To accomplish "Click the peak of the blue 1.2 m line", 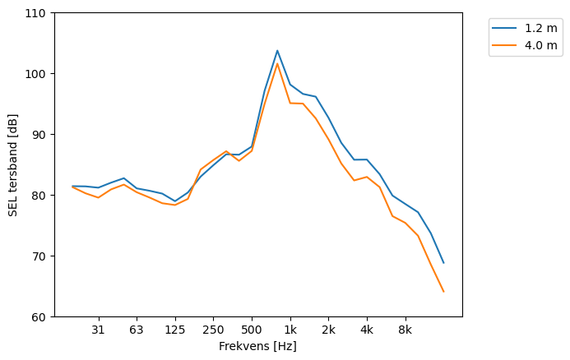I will tap(277, 50).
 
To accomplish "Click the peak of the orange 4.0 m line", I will tap(277, 64).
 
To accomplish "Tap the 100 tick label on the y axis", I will tap(38, 74).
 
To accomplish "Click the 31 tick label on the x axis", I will tap(98, 330).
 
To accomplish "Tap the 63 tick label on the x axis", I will tap(137, 330).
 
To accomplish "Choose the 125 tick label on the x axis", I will tap(175, 330).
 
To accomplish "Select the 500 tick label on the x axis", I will tap(252, 330).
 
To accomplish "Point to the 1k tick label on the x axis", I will tap(290, 330).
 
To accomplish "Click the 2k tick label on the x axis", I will tap(328, 330).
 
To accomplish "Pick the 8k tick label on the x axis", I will tap(405, 330).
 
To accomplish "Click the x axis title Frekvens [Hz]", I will tap(257, 347).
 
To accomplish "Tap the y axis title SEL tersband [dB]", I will tap(13, 164).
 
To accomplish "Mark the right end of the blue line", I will tap(443, 263).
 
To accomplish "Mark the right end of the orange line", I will tap(443, 292).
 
